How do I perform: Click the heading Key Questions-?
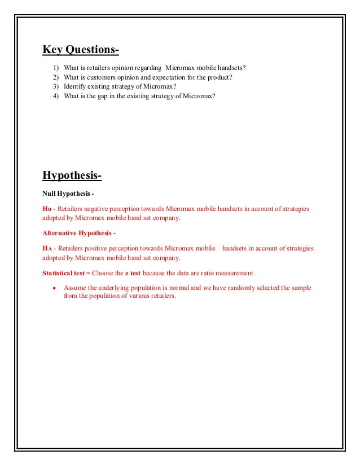pos(81,50)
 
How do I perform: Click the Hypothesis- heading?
pos(72,177)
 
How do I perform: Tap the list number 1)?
pos(56,68)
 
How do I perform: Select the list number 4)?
pos(56,96)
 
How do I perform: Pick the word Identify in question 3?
pos(76,87)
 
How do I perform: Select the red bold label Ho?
pos(47,209)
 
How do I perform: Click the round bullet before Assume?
pos(54,288)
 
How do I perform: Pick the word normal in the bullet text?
pos(160,288)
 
